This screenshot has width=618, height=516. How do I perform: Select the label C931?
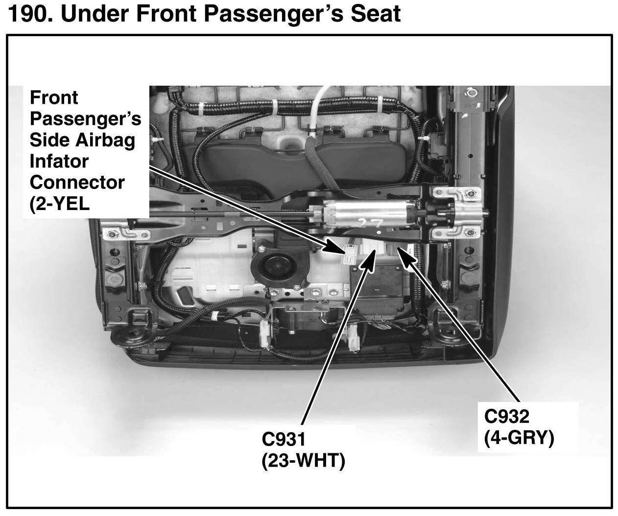tap(284, 439)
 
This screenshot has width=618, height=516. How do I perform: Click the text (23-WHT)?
tap(303, 461)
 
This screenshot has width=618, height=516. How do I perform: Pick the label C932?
tap(507, 417)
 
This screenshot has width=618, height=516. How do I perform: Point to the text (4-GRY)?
tap(519, 437)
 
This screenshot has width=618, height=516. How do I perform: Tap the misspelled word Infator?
tap(59, 161)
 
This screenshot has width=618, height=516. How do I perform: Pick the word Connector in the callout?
tap(77, 182)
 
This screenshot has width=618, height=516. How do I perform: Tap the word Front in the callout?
tap(53, 97)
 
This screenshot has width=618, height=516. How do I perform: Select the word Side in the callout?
tap(49, 140)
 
